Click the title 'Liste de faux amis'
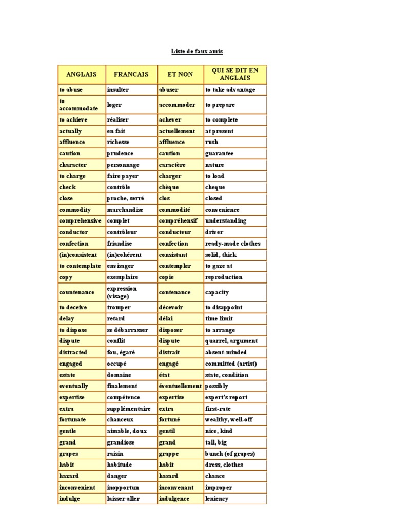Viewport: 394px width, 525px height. pos(197,52)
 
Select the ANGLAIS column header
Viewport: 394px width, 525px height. pos(81,74)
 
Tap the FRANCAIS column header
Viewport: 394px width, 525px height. pos(131,74)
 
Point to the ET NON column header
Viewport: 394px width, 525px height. pos(180,74)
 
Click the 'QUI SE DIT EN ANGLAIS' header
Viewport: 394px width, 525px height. pos(235,74)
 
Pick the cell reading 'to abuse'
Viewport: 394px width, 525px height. pos(71,90)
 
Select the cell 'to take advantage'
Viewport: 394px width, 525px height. pos(230,90)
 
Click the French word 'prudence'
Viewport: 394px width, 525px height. pos(120,153)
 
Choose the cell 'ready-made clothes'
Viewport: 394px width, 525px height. pos(233,244)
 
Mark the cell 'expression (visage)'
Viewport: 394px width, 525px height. pos(122,292)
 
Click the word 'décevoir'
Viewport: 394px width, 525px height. pos(171,307)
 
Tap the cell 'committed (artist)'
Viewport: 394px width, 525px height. pos(230,364)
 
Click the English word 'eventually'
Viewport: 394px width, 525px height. pos(73,386)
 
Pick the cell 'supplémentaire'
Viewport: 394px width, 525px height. pos(129,409)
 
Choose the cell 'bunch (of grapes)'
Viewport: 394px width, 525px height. pos(230,454)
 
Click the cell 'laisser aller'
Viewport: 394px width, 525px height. pos(123,499)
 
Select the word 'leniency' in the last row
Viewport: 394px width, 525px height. pos(217,499)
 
